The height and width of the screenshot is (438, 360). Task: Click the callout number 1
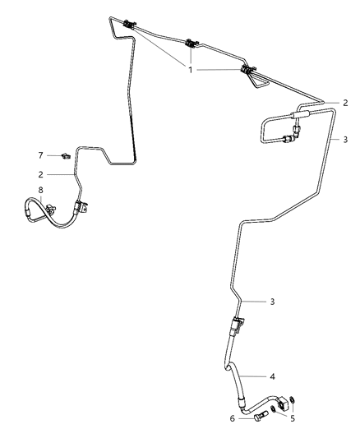191,70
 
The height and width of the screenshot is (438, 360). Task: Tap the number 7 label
41,155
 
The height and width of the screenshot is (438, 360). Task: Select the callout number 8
41,190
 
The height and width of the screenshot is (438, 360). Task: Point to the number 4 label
272,376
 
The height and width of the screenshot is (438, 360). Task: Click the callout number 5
293,418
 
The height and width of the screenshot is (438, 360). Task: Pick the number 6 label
233,419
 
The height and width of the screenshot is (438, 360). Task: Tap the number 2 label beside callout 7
41,174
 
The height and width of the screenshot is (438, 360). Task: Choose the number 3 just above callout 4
272,302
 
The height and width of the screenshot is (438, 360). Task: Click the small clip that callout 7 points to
66,156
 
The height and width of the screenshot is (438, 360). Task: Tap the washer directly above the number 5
292,399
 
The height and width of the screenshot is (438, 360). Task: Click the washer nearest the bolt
273,409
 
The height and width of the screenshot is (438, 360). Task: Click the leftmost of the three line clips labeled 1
129,25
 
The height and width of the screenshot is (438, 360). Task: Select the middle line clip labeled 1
192,44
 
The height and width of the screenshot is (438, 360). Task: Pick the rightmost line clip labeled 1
248,69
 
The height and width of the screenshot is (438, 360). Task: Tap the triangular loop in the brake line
258,82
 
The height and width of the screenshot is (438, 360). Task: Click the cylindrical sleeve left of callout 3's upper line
300,114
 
